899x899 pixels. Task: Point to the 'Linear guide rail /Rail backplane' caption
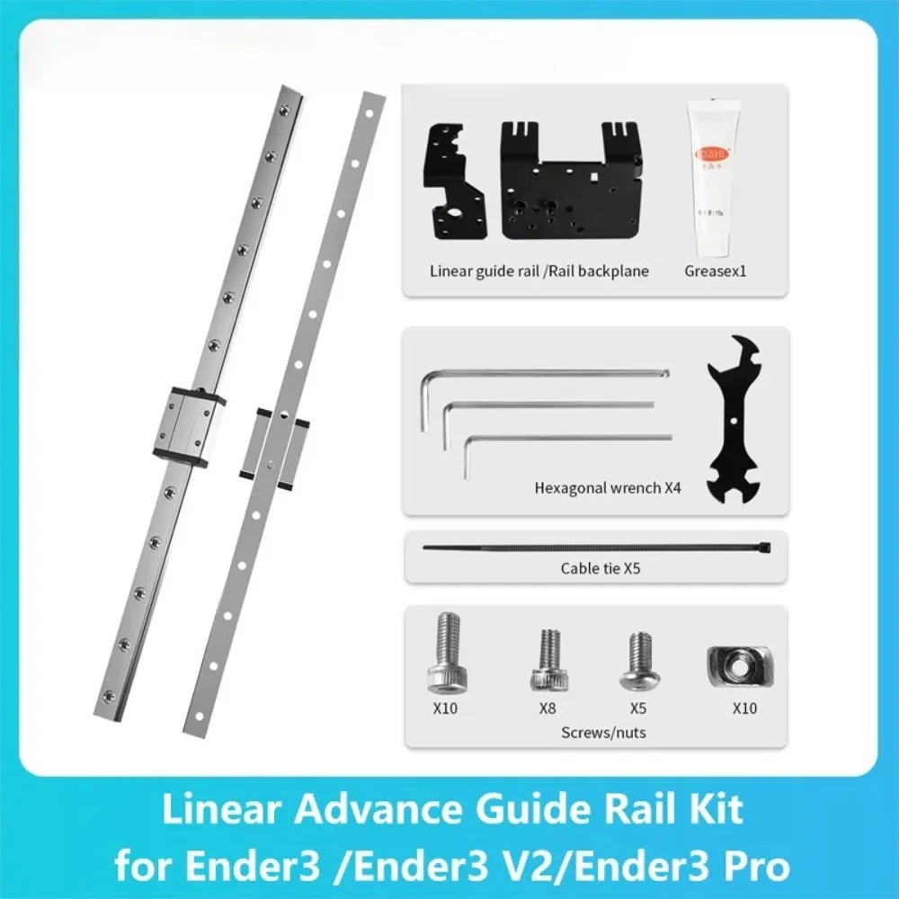click(x=539, y=270)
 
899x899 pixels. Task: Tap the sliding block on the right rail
click(x=275, y=448)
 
